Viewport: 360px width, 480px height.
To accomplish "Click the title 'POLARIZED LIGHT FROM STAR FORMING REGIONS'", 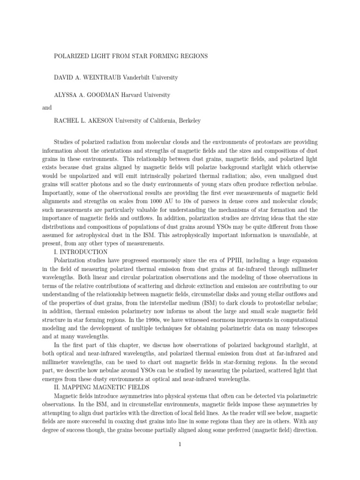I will [x=131, y=56].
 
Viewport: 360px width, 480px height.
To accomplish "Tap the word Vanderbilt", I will [x=141, y=77].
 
